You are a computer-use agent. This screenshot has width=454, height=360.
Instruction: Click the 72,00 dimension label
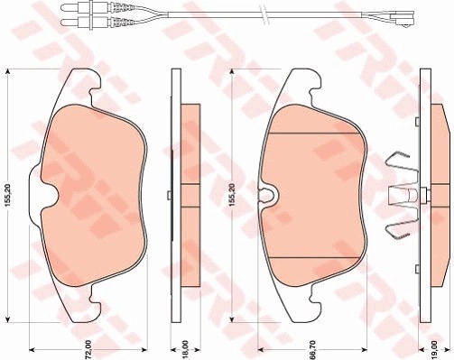click(88, 349)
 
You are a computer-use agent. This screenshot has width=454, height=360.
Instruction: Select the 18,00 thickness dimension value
click(185, 349)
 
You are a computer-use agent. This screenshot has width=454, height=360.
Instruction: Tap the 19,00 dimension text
click(434, 349)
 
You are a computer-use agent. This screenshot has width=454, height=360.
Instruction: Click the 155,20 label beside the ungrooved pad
click(8, 196)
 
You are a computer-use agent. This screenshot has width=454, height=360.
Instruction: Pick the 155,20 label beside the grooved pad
click(232, 196)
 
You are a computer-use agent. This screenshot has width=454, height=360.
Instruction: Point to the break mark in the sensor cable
click(265, 15)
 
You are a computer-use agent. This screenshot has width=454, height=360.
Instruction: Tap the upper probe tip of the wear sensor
click(67, 7)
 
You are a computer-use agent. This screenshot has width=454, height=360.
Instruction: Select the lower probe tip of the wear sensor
click(67, 22)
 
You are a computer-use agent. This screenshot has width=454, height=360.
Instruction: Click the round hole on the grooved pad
click(266, 193)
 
